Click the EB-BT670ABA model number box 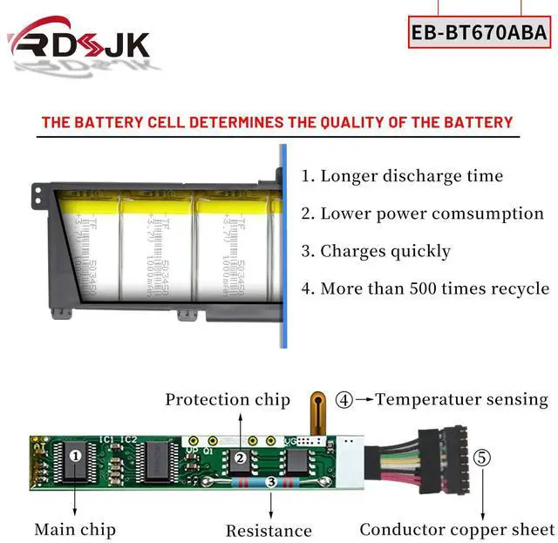pos(479,33)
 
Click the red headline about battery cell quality pos(277,122)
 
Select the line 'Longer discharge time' pos(402,176)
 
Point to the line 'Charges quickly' pos(376,251)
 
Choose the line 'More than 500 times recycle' pos(425,288)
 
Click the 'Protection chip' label pos(228,400)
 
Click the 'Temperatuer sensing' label pos(461,400)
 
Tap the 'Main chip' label pos(75,528)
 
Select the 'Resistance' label pos(269,530)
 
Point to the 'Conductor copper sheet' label pos(457,529)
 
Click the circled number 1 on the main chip pos(76,454)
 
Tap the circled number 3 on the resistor pos(271,481)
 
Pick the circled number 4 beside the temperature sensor pos(344,400)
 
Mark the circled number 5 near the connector pos(482,458)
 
